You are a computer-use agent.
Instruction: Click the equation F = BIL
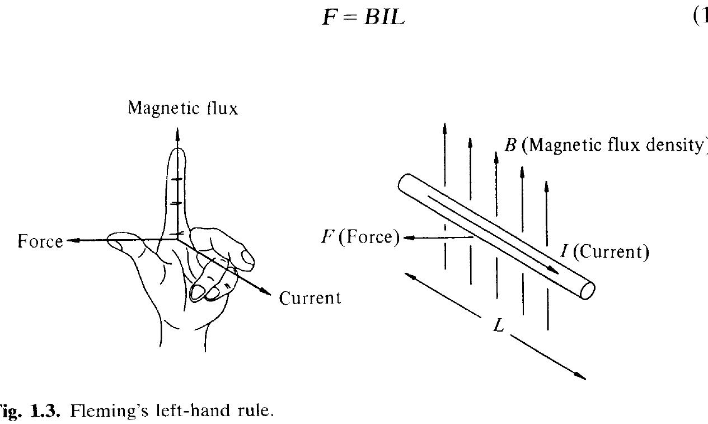pos(363,17)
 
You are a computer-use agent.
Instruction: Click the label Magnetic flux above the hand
pos(183,108)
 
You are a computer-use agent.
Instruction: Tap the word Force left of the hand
pos(40,241)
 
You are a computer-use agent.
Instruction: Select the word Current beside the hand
pos(310,298)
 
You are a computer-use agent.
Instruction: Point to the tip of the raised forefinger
pos(177,152)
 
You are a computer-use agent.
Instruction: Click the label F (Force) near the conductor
pos(360,237)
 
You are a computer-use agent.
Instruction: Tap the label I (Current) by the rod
pos(605,253)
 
